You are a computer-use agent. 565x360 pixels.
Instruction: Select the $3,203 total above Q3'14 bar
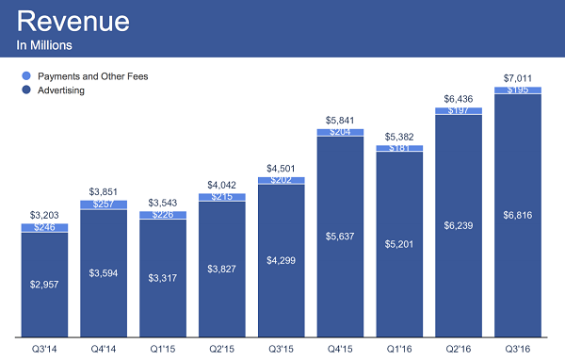[43, 214]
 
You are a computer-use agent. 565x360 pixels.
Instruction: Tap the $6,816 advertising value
[517, 216]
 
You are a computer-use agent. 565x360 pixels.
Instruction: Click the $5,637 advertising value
[340, 236]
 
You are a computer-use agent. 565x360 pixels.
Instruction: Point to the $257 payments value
[103, 204]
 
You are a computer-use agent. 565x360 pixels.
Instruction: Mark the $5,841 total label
[340, 120]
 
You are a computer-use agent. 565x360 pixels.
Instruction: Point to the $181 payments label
[399, 148]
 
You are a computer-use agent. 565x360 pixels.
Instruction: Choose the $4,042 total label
[221, 186]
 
